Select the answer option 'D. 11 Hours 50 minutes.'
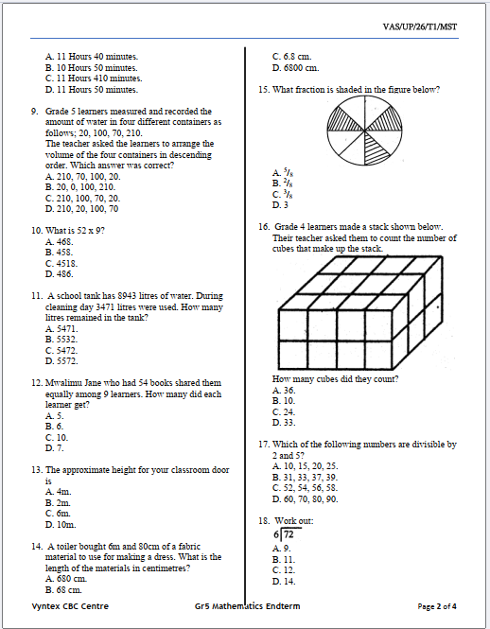pos(92,90)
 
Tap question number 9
pos(34,112)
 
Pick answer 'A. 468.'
pos(60,242)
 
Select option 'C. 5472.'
pos(61,350)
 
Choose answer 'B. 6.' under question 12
pos(55,427)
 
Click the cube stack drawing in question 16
pos(359,313)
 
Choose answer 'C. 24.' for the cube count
pos(284,412)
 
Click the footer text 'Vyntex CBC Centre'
pos(70,606)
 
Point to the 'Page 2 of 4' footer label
pos(437,606)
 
